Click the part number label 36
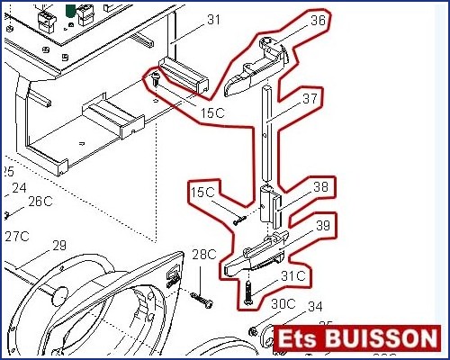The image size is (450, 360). coord(318,21)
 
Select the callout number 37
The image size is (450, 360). coord(310,98)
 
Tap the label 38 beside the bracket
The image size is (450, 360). coord(321,187)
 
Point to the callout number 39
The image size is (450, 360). coord(322,225)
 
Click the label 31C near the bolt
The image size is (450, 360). coord(293,276)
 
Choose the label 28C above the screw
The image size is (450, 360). coord(204,255)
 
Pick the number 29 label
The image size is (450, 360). coord(59,246)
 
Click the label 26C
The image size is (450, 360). coord(40,202)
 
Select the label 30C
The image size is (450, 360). coord(283,304)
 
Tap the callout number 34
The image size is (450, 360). coord(315,307)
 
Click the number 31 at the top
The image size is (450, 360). coord(213,20)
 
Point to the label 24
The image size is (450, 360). coord(19,188)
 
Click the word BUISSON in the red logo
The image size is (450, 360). coord(381,338)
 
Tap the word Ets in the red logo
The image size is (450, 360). coord(297,339)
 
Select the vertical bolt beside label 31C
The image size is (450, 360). coord(248,292)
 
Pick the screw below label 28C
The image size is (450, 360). coord(202,300)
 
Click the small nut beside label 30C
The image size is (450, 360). coord(253,331)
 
